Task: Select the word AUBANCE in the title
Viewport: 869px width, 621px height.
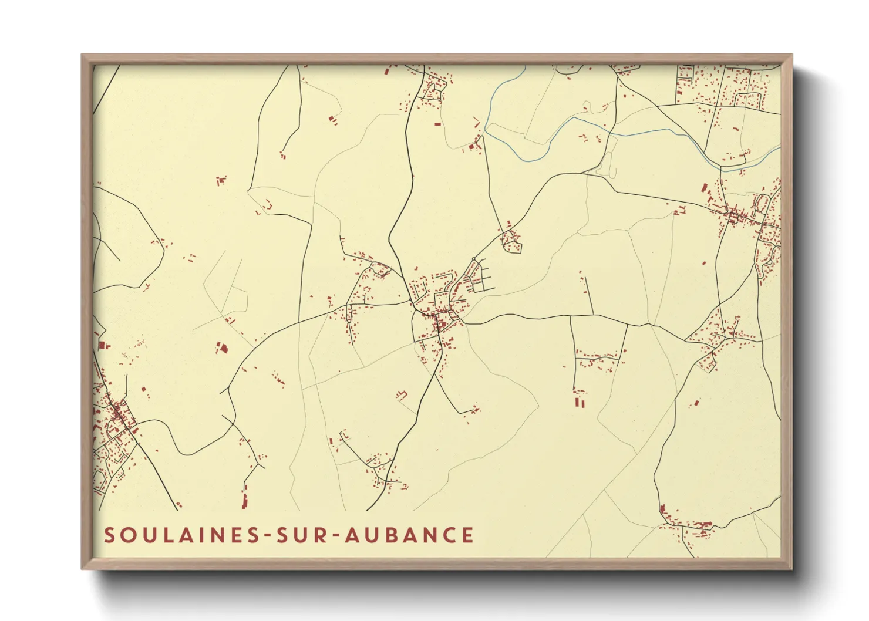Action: pyautogui.click(x=409, y=535)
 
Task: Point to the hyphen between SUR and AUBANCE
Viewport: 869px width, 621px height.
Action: pyautogui.click(x=336, y=536)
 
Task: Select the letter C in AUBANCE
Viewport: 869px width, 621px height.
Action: pyautogui.click(x=450, y=535)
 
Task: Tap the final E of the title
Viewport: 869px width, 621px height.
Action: pyautogui.click(x=468, y=535)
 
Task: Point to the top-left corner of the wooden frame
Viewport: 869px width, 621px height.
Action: pyautogui.click(x=82, y=55)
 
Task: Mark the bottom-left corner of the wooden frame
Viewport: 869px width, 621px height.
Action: pyautogui.click(x=82, y=568)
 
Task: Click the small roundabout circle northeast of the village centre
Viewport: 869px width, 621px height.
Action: pyautogui.click(x=474, y=259)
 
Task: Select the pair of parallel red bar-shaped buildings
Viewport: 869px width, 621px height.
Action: pyautogui.click(x=580, y=403)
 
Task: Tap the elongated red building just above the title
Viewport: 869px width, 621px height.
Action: pyautogui.click(x=245, y=501)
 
